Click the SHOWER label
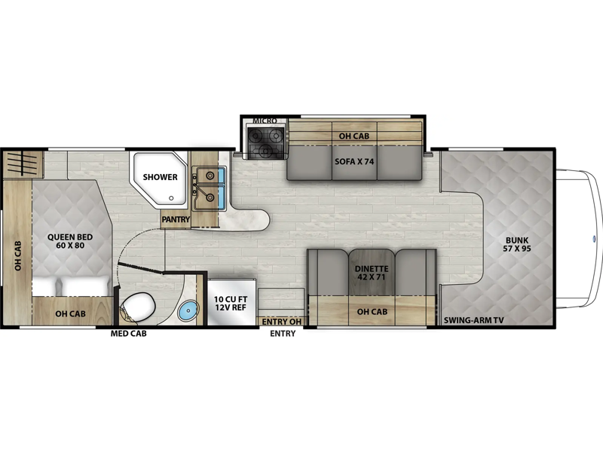click(160, 177)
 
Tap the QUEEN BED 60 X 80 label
click(70, 241)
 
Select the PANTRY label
click(176, 219)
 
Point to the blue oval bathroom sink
click(188, 310)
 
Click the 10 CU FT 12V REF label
click(231, 304)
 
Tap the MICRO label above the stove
click(265, 121)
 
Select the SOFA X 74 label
click(354, 161)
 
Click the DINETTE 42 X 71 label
click(372, 273)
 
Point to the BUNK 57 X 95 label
click(517, 244)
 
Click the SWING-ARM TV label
click(474, 320)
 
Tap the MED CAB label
click(128, 334)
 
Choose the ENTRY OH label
click(282, 322)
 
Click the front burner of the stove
click(265, 151)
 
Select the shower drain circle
click(171, 198)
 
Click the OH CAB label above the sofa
click(354, 136)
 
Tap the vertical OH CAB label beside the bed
click(17, 255)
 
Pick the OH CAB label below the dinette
click(372, 312)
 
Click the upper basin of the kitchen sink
click(210, 176)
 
